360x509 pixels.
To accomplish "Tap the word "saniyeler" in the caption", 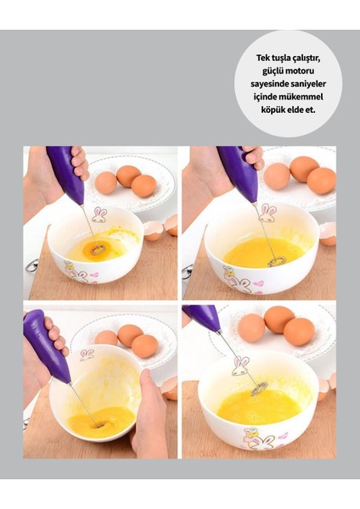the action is point(307,84).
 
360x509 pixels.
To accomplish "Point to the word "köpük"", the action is point(272,109).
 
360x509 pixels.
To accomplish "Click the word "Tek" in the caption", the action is point(263,58).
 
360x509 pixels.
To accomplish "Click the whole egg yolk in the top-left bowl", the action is point(97,249).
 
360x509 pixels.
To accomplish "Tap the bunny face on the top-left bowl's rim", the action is point(99,215).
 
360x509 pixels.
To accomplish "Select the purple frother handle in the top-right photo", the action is point(239,173).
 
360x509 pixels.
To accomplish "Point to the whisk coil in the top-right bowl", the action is point(277,260).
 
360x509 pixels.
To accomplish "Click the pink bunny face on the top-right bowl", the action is point(267,213).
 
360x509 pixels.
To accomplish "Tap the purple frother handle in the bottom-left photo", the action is point(46,346).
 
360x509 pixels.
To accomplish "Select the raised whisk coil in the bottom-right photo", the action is point(259,388).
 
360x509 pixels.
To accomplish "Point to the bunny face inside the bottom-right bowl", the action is point(241,366).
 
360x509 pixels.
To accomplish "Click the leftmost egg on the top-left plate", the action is point(106,182).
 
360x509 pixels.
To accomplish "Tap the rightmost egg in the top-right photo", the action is point(321,181).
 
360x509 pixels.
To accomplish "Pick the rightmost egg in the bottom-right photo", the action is point(299,332).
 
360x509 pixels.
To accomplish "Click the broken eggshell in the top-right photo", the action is point(328,234).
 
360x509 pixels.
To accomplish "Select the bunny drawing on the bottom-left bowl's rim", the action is point(87,355).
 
